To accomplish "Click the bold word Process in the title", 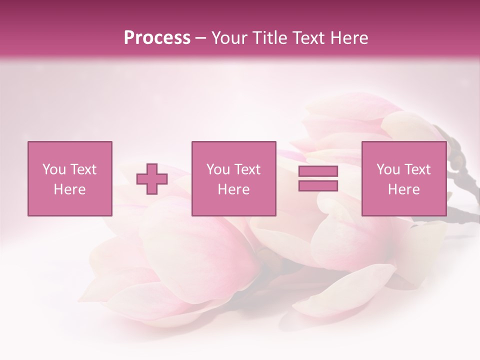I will [x=157, y=38].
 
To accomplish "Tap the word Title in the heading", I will [x=268, y=38].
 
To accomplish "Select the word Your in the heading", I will [x=228, y=38].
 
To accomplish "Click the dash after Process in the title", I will [x=201, y=38].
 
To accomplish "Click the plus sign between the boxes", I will [x=152, y=179].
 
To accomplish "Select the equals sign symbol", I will [x=318, y=178].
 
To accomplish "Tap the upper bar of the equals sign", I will [x=318, y=171].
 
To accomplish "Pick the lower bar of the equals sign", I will [x=318, y=185].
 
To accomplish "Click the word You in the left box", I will [x=54, y=169].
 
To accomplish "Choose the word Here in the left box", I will [x=69, y=189].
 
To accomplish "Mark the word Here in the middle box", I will [x=233, y=189].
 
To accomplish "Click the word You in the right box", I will [x=388, y=169].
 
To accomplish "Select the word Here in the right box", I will [x=403, y=189].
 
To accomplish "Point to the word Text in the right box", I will [x=418, y=169].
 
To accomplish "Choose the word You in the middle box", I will [x=218, y=169].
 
